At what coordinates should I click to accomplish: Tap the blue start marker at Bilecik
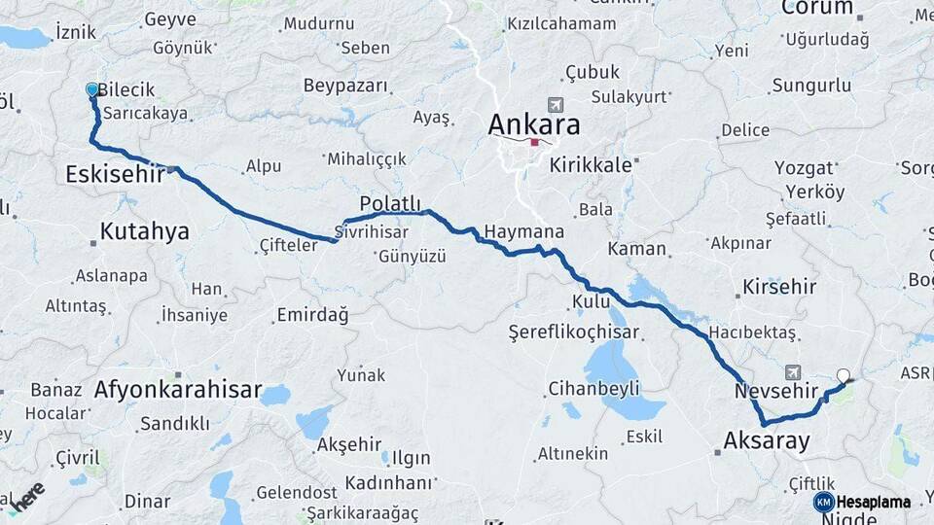92,89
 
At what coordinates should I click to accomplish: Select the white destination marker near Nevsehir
843,375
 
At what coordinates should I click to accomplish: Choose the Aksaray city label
766,441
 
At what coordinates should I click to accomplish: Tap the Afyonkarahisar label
178,391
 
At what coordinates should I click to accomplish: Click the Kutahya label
144,231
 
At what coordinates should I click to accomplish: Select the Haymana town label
524,232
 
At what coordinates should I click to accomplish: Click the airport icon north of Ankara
555,105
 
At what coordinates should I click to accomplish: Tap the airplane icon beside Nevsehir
793,372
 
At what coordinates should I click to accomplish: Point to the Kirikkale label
591,165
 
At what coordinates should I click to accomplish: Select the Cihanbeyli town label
593,389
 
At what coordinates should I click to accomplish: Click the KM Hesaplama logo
862,502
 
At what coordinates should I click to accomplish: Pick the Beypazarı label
345,86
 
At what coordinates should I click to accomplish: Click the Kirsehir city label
779,287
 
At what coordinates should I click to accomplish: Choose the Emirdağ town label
312,315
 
